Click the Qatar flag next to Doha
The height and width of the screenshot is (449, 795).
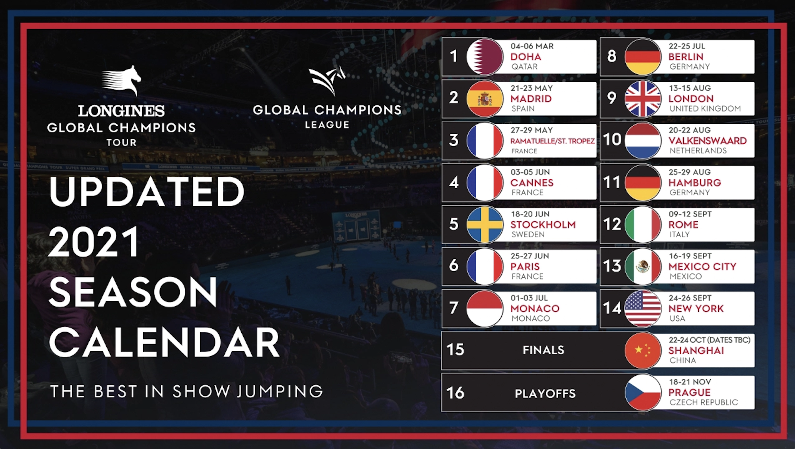coord(485,57)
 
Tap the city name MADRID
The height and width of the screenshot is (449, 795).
coord(531,99)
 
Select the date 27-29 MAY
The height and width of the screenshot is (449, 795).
coord(531,130)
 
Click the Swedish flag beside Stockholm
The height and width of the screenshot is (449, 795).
coord(485,224)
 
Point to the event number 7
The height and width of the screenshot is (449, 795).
coord(453,308)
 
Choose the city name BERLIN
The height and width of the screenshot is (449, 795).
coord(686,57)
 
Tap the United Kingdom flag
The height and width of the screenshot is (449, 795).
coord(643,99)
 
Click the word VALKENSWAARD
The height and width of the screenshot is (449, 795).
coord(708,141)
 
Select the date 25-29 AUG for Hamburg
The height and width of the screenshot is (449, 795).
coord(690,172)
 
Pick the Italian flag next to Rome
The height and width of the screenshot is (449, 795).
coord(643,224)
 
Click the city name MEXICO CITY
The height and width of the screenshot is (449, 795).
coord(702,266)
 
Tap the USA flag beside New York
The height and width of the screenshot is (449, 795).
coord(643,308)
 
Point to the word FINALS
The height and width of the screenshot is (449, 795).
coord(543,350)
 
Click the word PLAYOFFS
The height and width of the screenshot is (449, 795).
coord(545,393)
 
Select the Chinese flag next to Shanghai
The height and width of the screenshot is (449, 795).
coord(643,350)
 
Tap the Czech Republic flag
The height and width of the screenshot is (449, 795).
coord(643,392)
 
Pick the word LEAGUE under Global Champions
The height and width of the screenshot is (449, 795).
coord(327,125)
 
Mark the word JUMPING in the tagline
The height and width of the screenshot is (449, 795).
coord(280,391)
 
